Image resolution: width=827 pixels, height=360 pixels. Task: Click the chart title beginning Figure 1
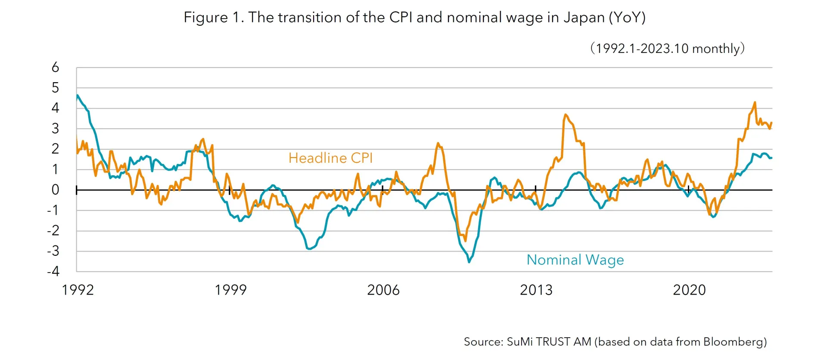pyautogui.click(x=414, y=18)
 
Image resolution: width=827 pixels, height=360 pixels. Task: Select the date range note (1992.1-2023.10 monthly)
pyautogui.click(x=667, y=48)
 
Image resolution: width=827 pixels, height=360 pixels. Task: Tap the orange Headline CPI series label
pyautogui.click(x=330, y=158)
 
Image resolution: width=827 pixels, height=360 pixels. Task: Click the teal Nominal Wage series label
pyautogui.click(x=575, y=260)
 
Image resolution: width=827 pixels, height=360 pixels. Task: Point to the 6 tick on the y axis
pyautogui.click(x=55, y=67)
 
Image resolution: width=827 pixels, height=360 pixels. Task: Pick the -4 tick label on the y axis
pyautogui.click(x=53, y=271)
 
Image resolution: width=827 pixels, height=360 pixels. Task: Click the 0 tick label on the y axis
pyautogui.click(x=55, y=189)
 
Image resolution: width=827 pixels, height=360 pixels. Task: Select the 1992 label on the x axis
pyautogui.click(x=78, y=290)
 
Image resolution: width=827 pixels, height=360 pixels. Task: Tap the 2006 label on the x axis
pyautogui.click(x=383, y=290)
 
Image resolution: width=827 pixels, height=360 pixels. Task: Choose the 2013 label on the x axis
pyautogui.click(x=536, y=290)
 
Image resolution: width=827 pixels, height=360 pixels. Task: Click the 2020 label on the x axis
pyautogui.click(x=689, y=290)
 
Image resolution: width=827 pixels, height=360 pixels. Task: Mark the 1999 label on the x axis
pyautogui.click(x=230, y=290)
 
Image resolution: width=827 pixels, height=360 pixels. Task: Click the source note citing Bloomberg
pyautogui.click(x=615, y=342)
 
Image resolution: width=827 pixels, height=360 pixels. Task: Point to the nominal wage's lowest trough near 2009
pyautogui.click(x=469, y=261)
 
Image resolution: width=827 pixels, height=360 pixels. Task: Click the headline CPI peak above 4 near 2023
pyautogui.click(x=755, y=102)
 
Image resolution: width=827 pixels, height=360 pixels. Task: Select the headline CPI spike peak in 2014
pyautogui.click(x=566, y=115)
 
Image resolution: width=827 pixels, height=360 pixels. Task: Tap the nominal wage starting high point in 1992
pyautogui.click(x=78, y=95)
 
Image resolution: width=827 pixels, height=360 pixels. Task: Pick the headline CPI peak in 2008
pyautogui.click(x=438, y=143)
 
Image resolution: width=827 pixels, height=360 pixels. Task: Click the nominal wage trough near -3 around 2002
pyautogui.click(x=309, y=249)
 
